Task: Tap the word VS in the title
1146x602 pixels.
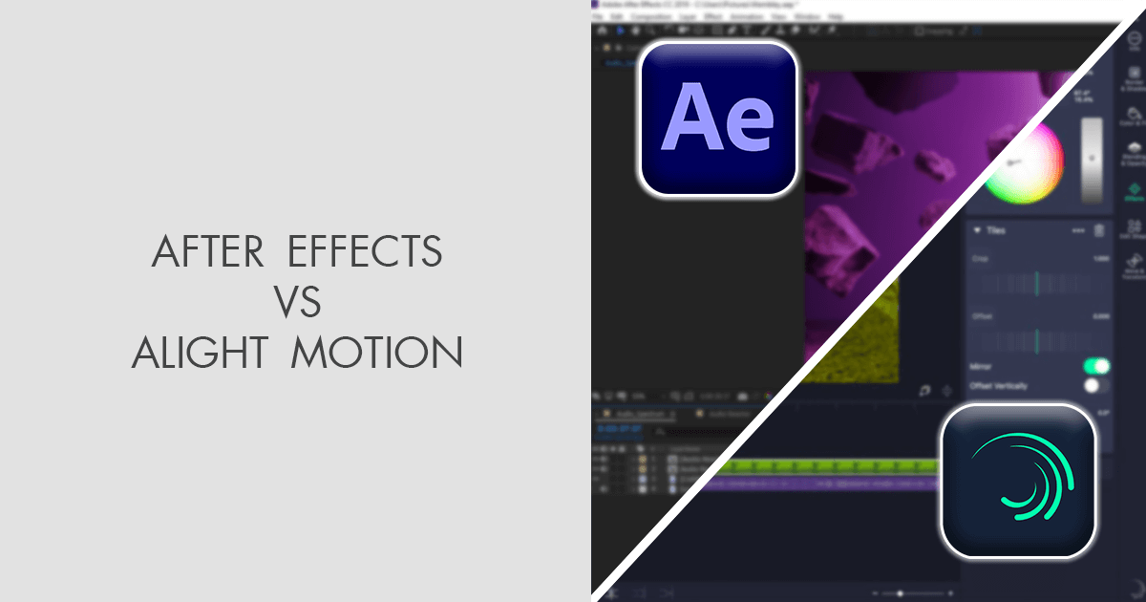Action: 296,303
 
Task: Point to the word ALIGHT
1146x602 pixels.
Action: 197,355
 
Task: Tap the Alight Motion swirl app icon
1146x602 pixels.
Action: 1018,481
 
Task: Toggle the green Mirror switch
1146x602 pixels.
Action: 1096,366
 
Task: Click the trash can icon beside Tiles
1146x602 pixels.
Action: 1099,230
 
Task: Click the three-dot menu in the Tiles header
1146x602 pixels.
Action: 1078,230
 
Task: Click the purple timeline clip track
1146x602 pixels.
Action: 821,484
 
